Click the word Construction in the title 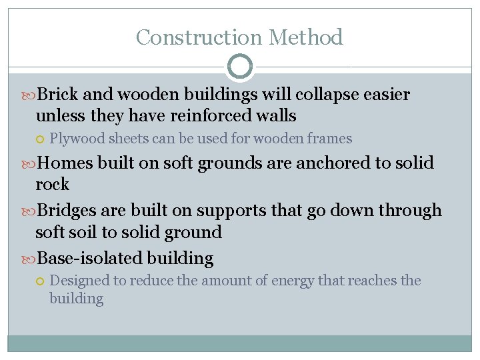[x=190, y=37]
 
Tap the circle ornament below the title [x=240, y=67]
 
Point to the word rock [x=52, y=184]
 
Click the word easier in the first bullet [x=387, y=95]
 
